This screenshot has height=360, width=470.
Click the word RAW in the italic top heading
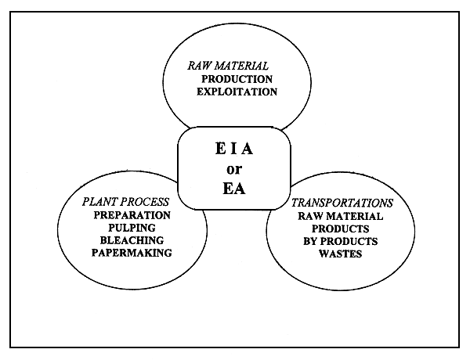(197, 66)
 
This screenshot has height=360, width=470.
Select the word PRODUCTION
(236, 79)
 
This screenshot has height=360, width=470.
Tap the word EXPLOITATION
(238, 92)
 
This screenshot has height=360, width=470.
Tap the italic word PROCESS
(146, 201)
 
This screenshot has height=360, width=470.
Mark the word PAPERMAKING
(132, 254)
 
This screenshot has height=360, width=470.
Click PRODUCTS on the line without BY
(340, 229)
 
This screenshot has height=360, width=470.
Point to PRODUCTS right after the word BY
(349, 242)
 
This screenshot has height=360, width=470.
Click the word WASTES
(340, 254)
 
